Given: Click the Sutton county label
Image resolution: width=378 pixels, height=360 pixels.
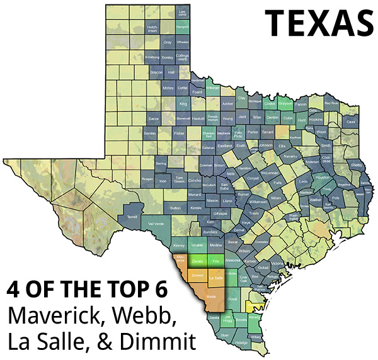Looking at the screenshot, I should pyautogui.click(x=176, y=207).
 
